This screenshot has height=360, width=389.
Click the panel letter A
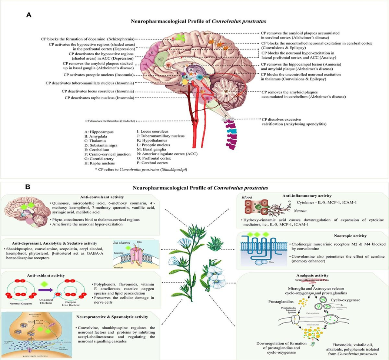(x=29, y=15)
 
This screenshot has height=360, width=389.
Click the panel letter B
(x=28, y=187)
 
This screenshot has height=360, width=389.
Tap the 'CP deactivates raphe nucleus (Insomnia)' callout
(x=100, y=98)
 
